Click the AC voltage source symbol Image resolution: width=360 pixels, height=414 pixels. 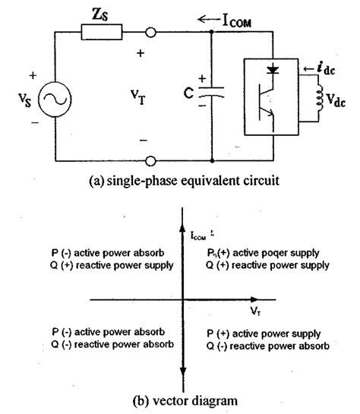pyautogui.click(x=55, y=98)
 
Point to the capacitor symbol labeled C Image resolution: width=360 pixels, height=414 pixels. pyautogui.click(x=212, y=96)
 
